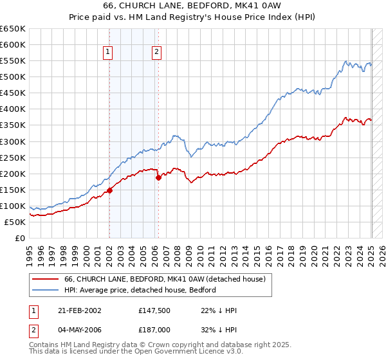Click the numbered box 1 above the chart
click(x=108, y=53)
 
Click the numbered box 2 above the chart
click(x=156, y=53)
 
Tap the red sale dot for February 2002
click(x=110, y=190)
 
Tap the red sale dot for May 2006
click(x=158, y=177)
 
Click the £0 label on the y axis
click(x=21, y=239)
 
